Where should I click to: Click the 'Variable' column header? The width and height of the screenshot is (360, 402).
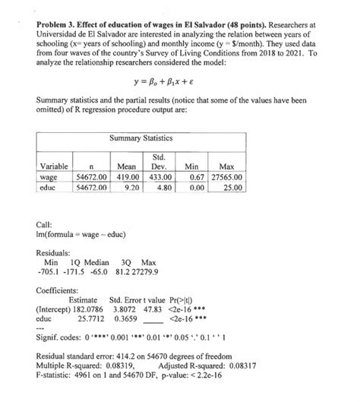53,166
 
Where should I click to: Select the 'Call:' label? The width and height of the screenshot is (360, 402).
46,224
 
